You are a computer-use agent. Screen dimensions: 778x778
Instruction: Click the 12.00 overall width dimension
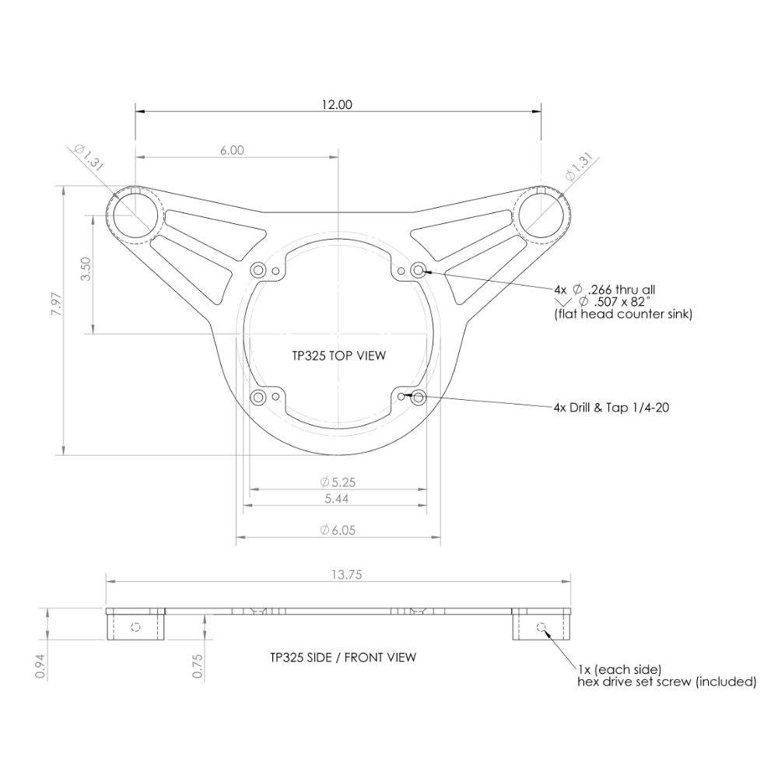[x=338, y=104]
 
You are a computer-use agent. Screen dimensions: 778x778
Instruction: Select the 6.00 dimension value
[x=232, y=150]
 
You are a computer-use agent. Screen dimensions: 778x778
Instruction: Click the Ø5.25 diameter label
[x=337, y=482]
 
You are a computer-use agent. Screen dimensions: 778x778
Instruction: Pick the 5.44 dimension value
[x=337, y=499]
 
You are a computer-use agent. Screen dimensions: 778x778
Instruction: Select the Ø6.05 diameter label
[x=337, y=530]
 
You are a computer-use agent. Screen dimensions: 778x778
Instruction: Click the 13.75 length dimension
[x=338, y=575]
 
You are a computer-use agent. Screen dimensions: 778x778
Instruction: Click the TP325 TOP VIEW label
[x=338, y=356]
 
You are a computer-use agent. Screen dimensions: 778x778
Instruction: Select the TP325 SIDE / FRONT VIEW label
[x=342, y=657]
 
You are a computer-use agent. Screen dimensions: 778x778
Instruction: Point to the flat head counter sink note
[x=622, y=314]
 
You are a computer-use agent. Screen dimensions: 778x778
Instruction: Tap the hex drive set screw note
[x=666, y=682]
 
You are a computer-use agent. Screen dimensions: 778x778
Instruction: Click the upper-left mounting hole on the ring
[x=258, y=270]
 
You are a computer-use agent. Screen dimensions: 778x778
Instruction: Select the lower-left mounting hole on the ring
[x=258, y=398]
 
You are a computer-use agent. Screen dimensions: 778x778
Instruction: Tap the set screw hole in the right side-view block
[x=541, y=627]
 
